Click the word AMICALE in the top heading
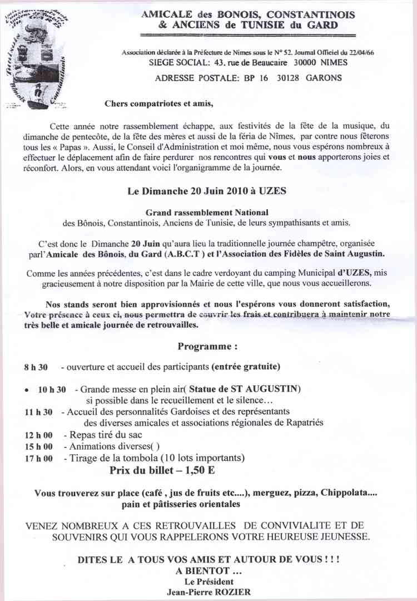tap(163, 16)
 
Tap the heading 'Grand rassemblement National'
tap(207, 213)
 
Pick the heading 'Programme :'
tap(207, 346)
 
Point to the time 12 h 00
tap(38, 435)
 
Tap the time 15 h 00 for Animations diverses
tap(38, 446)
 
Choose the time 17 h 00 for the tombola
tap(38, 459)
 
